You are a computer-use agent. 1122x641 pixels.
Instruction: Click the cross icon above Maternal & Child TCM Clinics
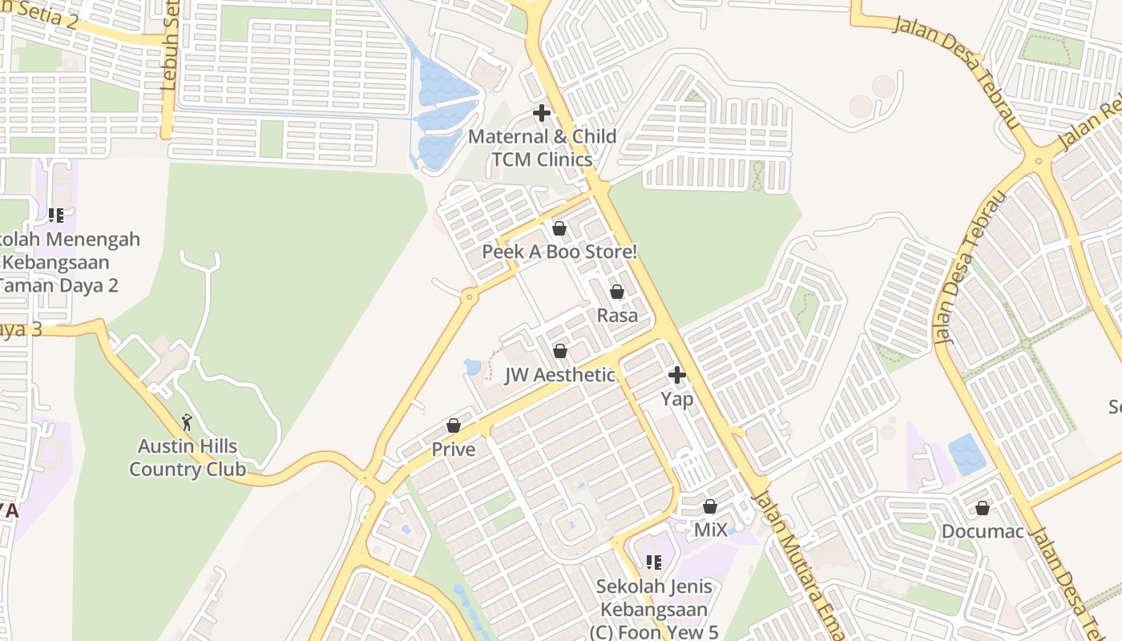tap(542, 113)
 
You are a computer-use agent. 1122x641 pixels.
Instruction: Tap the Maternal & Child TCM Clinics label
tap(542, 147)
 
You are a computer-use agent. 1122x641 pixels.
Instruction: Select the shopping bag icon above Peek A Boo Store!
tap(559, 228)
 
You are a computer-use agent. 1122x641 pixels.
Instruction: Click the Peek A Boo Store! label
tap(559, 252)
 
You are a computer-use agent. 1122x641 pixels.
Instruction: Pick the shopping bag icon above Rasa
tap(617, 292)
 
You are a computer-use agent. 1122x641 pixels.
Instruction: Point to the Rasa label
tap(617, 315)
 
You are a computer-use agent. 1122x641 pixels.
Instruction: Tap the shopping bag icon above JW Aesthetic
tap(560, 351)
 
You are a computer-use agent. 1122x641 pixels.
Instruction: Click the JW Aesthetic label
tap(559, 375)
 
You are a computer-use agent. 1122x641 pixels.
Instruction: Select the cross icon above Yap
tap(677, 374)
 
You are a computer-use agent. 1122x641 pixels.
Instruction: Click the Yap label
tap(677, 398)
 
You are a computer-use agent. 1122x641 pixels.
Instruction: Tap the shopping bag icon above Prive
tap(454, 425)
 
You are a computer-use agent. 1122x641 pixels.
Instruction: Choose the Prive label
tap(454, 450)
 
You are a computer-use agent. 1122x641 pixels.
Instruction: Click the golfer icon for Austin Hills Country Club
tap(188, 422)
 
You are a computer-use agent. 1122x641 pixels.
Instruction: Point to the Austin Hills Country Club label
tap(188, 458)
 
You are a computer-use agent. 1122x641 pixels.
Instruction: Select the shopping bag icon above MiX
tap(710, 506)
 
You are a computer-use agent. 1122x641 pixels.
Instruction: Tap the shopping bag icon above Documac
tap(983, 508)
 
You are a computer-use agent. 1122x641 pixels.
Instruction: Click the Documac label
tap(983, 531)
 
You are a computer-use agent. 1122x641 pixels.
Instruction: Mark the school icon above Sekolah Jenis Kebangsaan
tap(654, 562)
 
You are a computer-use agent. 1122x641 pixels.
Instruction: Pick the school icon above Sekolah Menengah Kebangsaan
tap(56, 216)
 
